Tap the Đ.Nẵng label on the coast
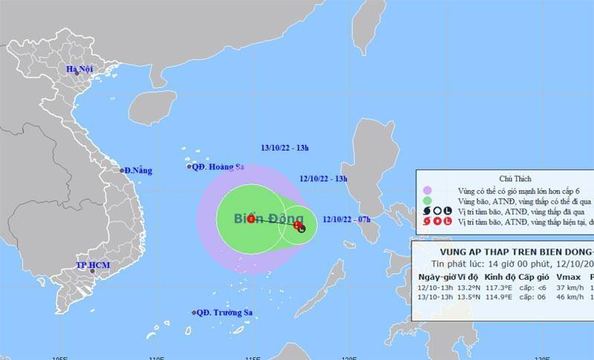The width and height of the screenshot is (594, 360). (x=139, y=171)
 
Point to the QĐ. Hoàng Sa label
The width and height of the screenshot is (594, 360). (x=218, y=167)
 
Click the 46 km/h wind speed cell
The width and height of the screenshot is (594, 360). (x=570, y=297)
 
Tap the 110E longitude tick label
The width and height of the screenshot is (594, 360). (x=157, y=356)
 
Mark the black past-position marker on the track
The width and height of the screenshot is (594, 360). (x=302, y=229)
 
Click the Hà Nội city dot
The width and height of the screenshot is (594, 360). (x=76, y=72)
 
